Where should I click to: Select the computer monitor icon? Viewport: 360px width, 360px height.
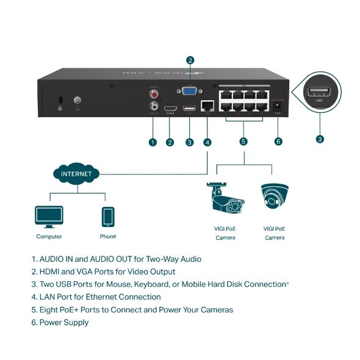(49, 216)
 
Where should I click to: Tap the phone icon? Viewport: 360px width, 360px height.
(108, 217)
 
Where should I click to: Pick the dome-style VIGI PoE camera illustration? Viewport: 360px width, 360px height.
(274, 198)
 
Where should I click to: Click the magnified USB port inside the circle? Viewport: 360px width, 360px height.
(319, 93)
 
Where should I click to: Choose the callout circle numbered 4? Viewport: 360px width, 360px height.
(208, 142)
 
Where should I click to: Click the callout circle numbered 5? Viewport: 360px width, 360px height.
(243, 142)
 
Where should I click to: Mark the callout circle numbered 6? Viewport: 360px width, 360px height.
(278, 142)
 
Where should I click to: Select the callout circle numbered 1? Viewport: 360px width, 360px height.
(153, 142)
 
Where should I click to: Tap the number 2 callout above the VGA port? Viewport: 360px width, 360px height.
(190, 60)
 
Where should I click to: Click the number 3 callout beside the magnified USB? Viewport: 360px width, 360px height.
(320, 139)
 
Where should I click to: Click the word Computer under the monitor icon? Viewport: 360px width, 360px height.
(49, 237)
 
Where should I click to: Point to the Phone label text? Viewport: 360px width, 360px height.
(107, 236)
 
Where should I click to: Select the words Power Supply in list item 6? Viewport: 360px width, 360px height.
(64, 322)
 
